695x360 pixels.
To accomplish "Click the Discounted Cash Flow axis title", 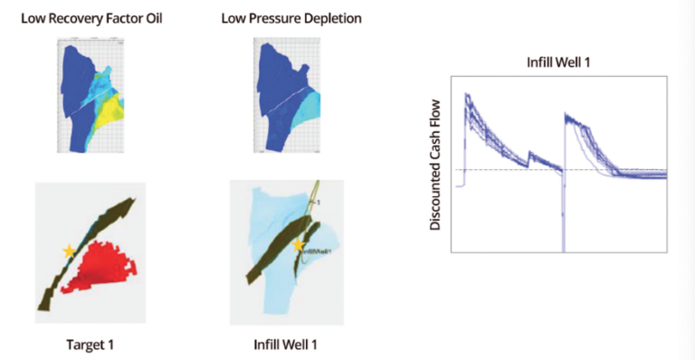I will coord(435,164).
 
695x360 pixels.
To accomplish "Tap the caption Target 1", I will coord(90,345).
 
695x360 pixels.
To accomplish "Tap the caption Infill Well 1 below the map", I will coord(281,345).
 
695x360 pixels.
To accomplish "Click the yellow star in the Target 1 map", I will coord(67,251).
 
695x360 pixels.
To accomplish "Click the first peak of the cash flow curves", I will coord(467,96).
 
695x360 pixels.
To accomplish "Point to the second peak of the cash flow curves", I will coord(566,116).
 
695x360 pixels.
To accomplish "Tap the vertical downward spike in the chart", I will coord(563,217).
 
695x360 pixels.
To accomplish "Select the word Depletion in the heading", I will coord(312,18).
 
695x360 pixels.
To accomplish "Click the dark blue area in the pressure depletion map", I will coord(271,99).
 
